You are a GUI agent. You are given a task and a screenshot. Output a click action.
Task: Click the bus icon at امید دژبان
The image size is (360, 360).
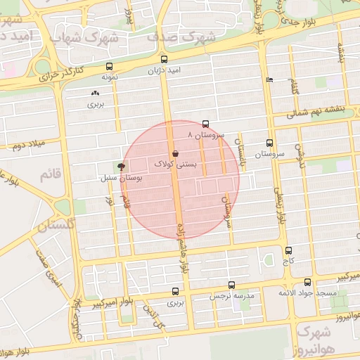164,60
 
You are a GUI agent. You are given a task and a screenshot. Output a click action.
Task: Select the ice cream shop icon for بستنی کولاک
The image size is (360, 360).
174,153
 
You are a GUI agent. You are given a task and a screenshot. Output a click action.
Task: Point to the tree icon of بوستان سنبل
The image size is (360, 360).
121,167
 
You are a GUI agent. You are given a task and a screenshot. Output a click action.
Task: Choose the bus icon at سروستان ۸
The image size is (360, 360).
205,124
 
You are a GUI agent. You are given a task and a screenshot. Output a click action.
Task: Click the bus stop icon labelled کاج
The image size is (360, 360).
289,250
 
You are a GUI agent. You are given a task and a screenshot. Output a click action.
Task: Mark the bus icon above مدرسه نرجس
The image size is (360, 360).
232,285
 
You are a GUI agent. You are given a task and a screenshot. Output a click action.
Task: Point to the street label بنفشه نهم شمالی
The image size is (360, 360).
319,111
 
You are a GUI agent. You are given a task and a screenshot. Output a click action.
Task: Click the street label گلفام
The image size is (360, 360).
292,88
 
